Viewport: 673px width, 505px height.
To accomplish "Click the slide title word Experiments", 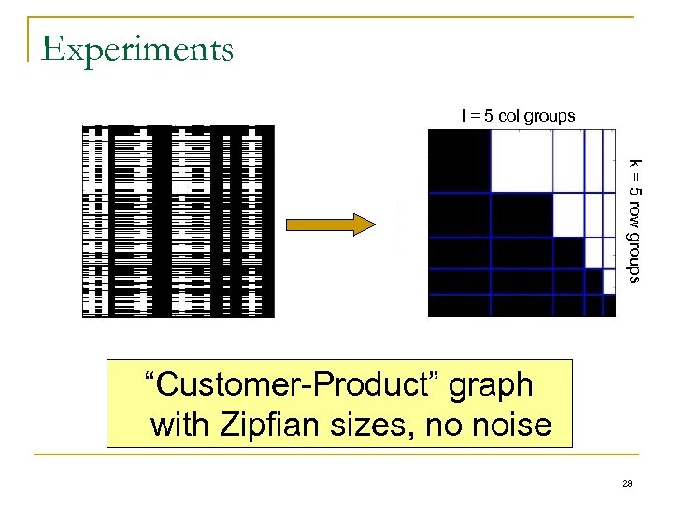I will [137, 49].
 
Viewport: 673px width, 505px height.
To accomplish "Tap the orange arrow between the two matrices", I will [329, 224].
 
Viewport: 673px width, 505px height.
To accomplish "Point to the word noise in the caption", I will [511, 426].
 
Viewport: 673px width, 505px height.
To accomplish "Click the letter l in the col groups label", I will [463, 115].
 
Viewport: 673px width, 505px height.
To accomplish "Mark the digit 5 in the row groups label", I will [635, 191].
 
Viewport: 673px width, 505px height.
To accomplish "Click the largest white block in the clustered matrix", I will [522, 161].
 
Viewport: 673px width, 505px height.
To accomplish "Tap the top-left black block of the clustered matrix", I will [459, 161].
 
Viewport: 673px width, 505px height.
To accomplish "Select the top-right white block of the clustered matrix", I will [608, 161].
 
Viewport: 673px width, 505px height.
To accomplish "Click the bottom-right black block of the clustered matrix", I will [608, 305].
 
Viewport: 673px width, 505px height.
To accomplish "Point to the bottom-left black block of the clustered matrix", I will [459, 305].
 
